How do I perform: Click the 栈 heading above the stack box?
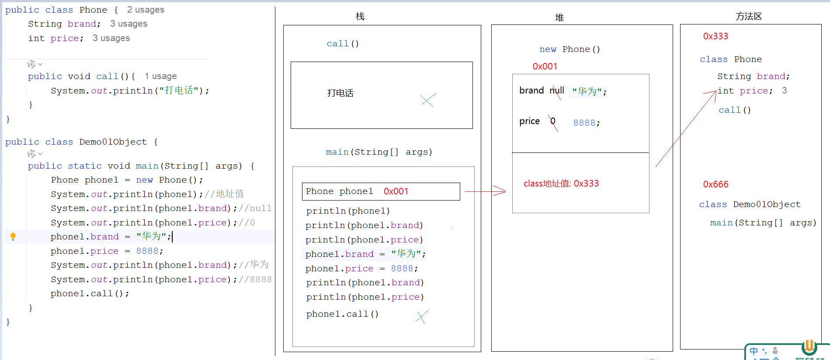click(x=360, y=17)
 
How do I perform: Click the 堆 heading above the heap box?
click(x=559, y=17)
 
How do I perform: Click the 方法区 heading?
click(x=749, y=17)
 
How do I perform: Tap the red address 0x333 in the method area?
click(x=715, y=36)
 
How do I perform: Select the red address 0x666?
click(x=715, y=184)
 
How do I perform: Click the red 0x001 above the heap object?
click(x=545, y=66)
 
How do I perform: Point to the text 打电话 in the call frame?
click(x=340, y=93)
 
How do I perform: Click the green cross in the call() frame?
click(x=428, y=100)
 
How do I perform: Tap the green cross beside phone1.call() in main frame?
click(x=422, y=317)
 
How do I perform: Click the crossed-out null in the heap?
click(x=557, y=90)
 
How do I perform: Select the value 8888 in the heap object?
click(x=584, y=123)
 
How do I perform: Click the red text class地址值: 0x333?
click(x=561, y=183)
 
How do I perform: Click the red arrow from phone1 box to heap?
click(x=485, y=191)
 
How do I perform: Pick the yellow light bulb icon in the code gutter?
click(x=13, y=236)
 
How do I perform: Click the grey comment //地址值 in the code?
click(x=224, y=194)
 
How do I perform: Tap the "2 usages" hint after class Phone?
click(x=146, y=10)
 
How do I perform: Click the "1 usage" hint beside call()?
click(x=160, y=76)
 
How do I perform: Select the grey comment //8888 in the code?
click(x=255, y=279)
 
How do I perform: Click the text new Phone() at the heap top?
click(x=570, y=49)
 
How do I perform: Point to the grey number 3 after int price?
click(x=785, y=90)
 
